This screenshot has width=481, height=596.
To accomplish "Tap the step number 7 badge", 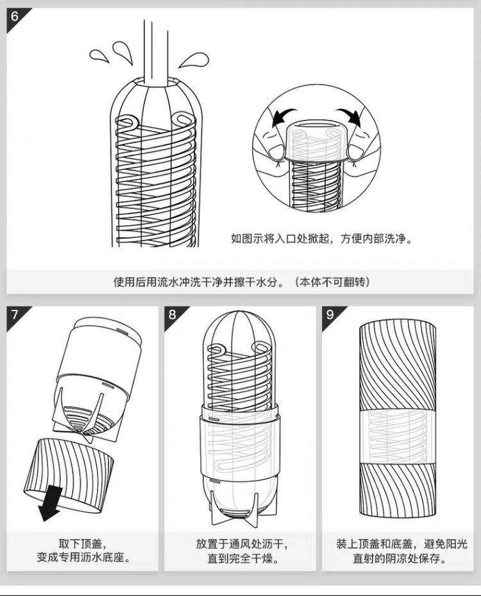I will (x=15, y=314).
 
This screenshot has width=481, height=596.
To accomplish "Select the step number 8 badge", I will (x=173, y=314).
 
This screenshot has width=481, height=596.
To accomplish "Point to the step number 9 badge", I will (x=330, y=314).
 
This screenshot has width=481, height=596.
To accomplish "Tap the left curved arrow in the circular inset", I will (x=282, y=117).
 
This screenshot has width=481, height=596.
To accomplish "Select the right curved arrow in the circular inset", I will (x=350, y=115).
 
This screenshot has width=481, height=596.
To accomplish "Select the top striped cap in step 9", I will (x=398, y=366).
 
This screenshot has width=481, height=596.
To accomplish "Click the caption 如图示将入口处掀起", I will (x=282, y=239).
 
